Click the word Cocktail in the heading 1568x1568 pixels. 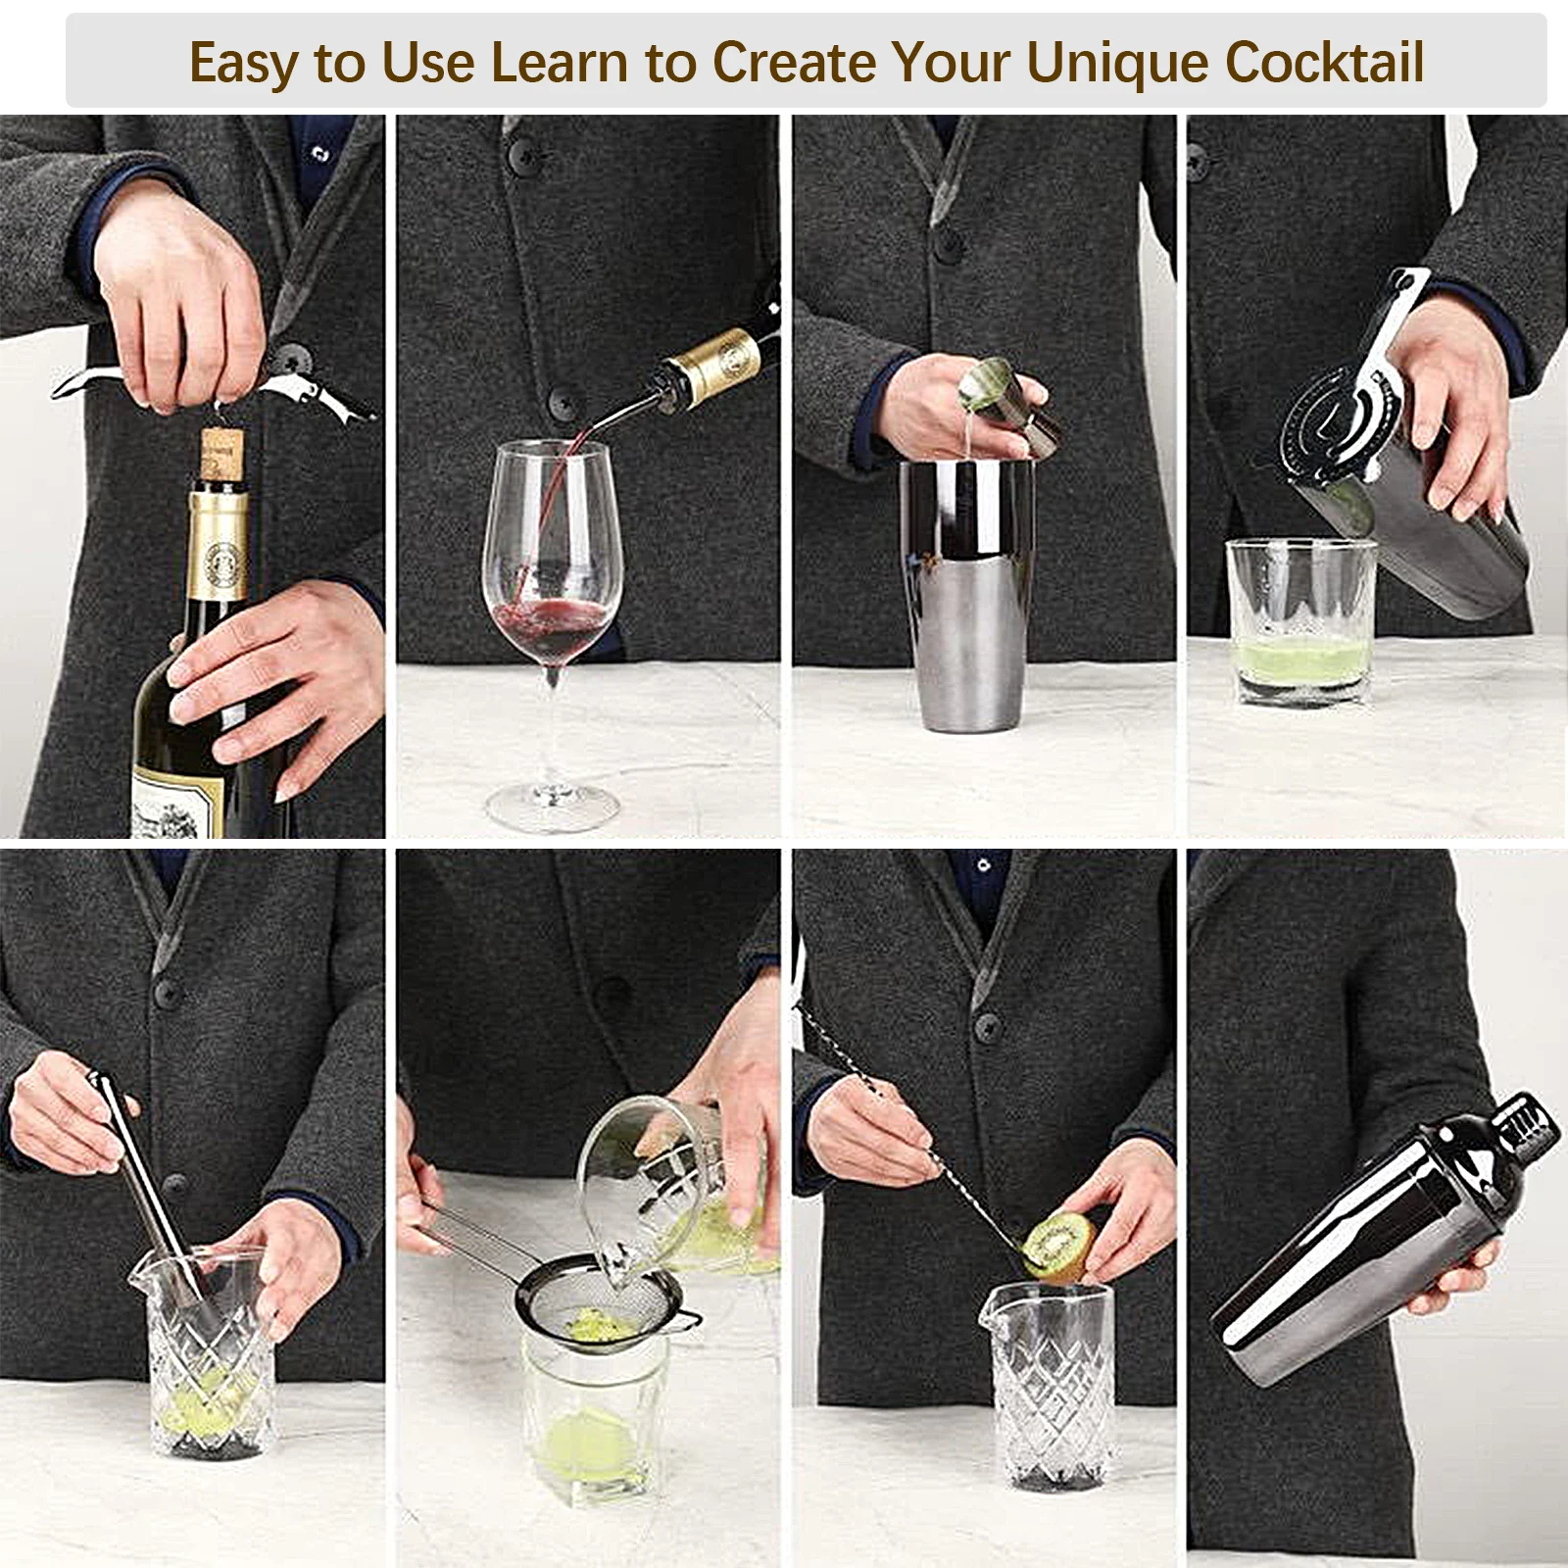[x=1324, y=63]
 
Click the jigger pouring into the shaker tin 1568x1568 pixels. [x=1004, y=402]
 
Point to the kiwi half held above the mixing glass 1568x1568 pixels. [x=1056, y=1245]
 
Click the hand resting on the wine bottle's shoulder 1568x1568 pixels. [x=274, y=676]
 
